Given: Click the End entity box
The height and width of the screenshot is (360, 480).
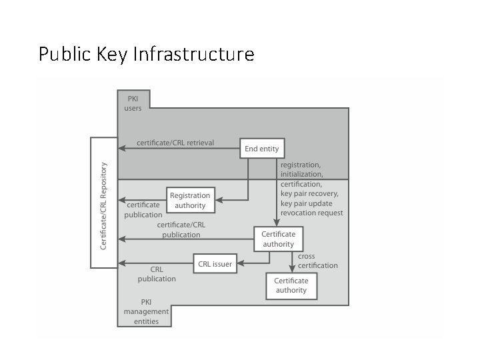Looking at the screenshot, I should point(262,148).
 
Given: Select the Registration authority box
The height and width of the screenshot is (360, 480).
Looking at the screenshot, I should point(190,200).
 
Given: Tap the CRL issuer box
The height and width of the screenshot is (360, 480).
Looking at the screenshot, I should point(215,264).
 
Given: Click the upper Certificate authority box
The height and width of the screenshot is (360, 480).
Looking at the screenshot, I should point(278,239).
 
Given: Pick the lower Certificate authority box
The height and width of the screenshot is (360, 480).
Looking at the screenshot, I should point(291,285).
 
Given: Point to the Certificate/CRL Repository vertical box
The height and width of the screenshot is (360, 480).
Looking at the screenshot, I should point(103,203).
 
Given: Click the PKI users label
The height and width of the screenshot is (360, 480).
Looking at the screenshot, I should point(133,103).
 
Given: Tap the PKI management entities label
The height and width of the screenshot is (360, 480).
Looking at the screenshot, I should point(146,311).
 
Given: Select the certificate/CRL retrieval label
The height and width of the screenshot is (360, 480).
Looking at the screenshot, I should point(175,143).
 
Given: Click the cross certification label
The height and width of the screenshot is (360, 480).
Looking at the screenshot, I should point(318,261).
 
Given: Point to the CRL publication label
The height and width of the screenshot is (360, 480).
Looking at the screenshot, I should point(157,274).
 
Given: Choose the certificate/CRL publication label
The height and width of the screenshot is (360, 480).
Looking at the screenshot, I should point(181,230).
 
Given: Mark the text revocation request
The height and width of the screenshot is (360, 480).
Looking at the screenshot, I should point(312,213).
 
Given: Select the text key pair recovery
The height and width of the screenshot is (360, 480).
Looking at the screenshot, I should point(309,194).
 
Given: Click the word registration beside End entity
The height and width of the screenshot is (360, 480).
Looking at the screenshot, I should point(300,165).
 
